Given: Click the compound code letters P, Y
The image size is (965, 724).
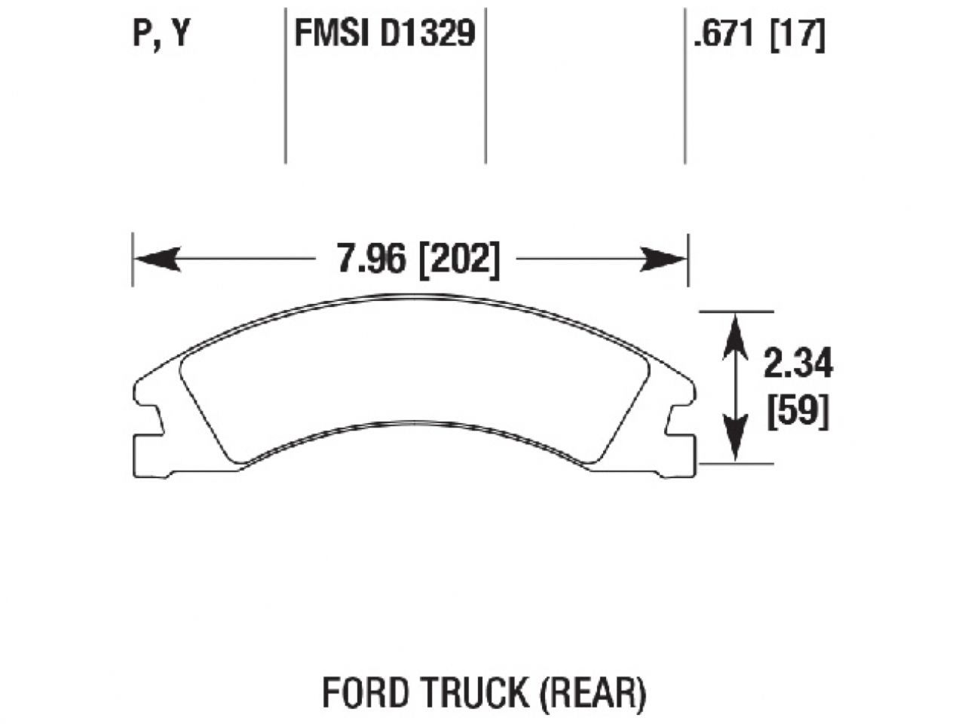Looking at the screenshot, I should pos(160,34).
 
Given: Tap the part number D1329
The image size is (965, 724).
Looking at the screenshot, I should pos(427,34).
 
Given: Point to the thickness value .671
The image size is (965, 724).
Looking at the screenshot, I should pos(725,34).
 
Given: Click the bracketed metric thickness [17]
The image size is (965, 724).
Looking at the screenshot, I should pos(796,34).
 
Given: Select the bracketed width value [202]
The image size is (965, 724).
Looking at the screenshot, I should pos(459,260).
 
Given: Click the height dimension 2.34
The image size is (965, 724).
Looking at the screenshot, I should pos(798,365).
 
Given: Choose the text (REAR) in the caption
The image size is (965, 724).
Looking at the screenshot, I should pos(594,692).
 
